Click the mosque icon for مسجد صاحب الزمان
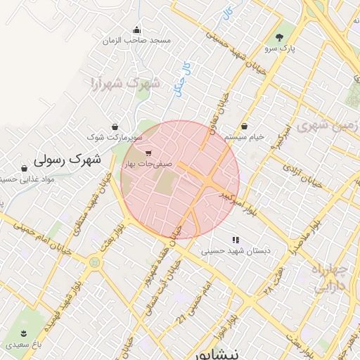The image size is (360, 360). tap(136, 30)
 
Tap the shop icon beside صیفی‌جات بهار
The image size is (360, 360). tap(148, 153)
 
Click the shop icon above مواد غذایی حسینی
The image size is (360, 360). tap(25, 169)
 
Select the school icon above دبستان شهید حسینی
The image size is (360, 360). tap(236, 240)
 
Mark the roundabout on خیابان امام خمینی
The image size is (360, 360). tap(94, 262)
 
